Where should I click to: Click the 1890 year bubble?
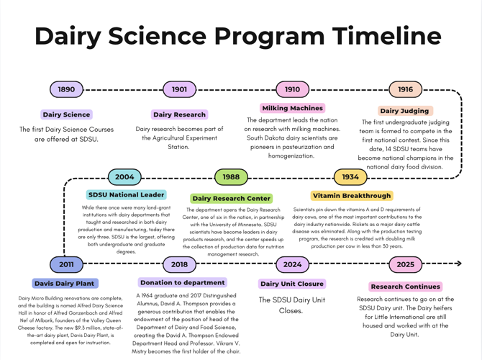(x=66, y=90)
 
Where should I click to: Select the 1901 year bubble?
(x=179, y=90)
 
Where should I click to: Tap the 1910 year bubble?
(x=292, y=90)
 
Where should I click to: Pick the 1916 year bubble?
(x=406, y=90)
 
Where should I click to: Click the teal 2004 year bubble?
(x=124, y=177)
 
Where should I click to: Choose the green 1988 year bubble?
(x=231, y=177)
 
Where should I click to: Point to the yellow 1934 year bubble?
(x=350, y=177)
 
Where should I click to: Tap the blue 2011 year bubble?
(x=66, y=264)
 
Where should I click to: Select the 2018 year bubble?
(x=179, y=264)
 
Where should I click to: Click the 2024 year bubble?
(x=292, y=264)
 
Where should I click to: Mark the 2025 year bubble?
(x=406, y=264)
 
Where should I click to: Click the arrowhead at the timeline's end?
(x=458, y=264)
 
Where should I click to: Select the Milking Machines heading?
(x=293, y=109)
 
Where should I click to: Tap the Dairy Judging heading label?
(x=404, y=111)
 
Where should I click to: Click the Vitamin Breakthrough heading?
(x=353, y=195)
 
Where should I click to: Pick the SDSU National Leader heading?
(x=126, y=194)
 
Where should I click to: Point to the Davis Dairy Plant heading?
(x=65, y=284)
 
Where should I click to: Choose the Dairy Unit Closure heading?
(x=292, y=284)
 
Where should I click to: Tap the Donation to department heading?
(x=182, y=283)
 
